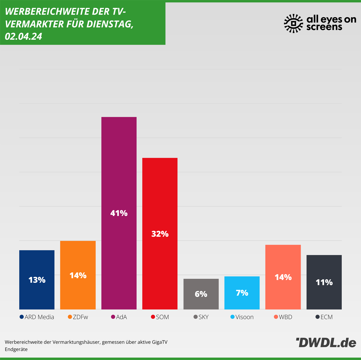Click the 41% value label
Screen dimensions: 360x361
pos(119,213)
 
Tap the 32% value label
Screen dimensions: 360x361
pos(160,234)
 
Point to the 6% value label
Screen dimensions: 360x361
pos(201,294)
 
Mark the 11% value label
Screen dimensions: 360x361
pos(324,282)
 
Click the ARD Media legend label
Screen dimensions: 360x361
pos(39,317)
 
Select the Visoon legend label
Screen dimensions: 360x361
pos(245,317)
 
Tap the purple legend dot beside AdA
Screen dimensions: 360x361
pos(113,317)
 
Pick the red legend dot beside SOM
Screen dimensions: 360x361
pos(153,317)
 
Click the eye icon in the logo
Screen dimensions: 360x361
pos(293,23)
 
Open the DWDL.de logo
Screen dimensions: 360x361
pos(326,343)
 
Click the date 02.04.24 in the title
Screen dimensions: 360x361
pos(23,36)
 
